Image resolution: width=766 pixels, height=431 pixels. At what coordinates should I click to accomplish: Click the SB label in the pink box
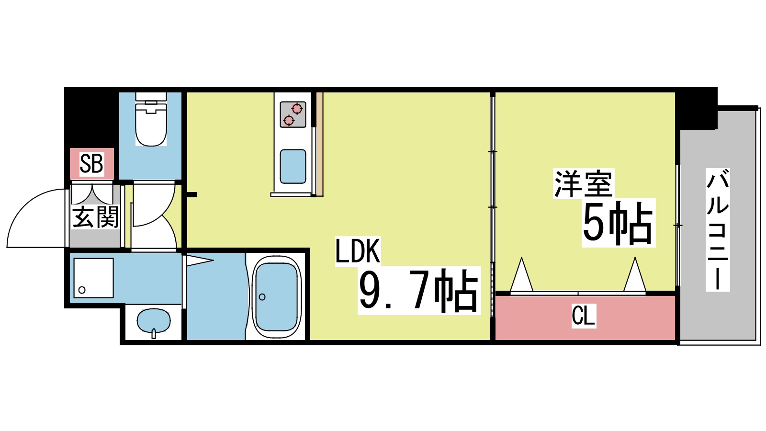click(x=91, y=164)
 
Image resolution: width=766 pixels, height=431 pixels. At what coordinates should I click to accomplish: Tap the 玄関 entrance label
click(x=95, y=217)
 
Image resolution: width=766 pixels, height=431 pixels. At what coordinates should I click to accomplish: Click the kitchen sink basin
click(x=293, y=166)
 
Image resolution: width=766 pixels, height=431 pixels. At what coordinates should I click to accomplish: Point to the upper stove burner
click(x=297, y=109)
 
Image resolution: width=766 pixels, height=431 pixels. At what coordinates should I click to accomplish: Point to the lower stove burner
click(x=289, y=120)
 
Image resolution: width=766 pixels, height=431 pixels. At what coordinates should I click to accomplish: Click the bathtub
click(x=276, y=297)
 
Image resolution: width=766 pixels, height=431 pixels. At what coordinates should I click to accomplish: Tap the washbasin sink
click(x=153, y=321)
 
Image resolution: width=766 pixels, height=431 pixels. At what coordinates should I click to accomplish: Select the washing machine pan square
click(x=93, y=278)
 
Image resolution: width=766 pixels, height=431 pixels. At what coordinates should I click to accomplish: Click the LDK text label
click(x=358, y=251)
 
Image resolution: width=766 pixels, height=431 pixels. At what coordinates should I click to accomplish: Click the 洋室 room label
click(x=583, y=184)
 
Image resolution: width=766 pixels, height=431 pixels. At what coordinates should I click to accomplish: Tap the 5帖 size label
click(x=618, y=223)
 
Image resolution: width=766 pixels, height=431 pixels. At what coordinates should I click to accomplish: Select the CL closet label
click(x=583, y=316)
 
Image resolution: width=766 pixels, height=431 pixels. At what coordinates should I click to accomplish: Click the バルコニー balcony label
click(x=717, y=230)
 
